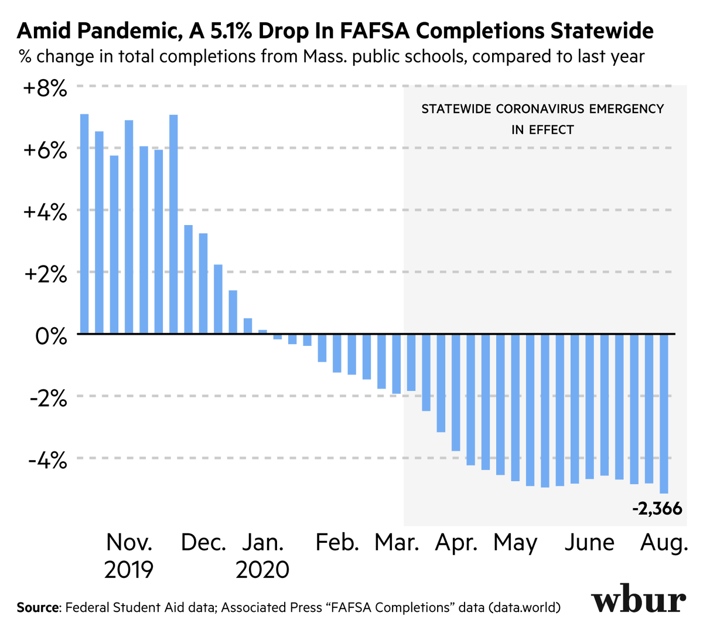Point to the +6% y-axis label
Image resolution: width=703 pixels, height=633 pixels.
[45, 151]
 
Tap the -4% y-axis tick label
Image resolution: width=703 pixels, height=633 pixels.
[47, 461]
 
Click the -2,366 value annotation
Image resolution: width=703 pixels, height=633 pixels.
[657, 509]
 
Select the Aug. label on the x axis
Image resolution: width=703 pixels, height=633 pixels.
[664, 543]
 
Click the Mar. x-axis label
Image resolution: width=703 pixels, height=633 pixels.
[397, 543]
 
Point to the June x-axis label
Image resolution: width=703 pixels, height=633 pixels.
[589, 543]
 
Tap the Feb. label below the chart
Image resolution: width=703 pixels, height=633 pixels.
[337, 543]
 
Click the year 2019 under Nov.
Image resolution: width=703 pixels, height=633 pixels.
[129, 570]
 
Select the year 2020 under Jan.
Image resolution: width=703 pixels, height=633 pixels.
[262, 570]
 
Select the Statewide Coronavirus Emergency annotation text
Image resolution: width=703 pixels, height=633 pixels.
[542, 119]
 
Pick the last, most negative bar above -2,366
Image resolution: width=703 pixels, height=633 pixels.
[664, 413]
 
